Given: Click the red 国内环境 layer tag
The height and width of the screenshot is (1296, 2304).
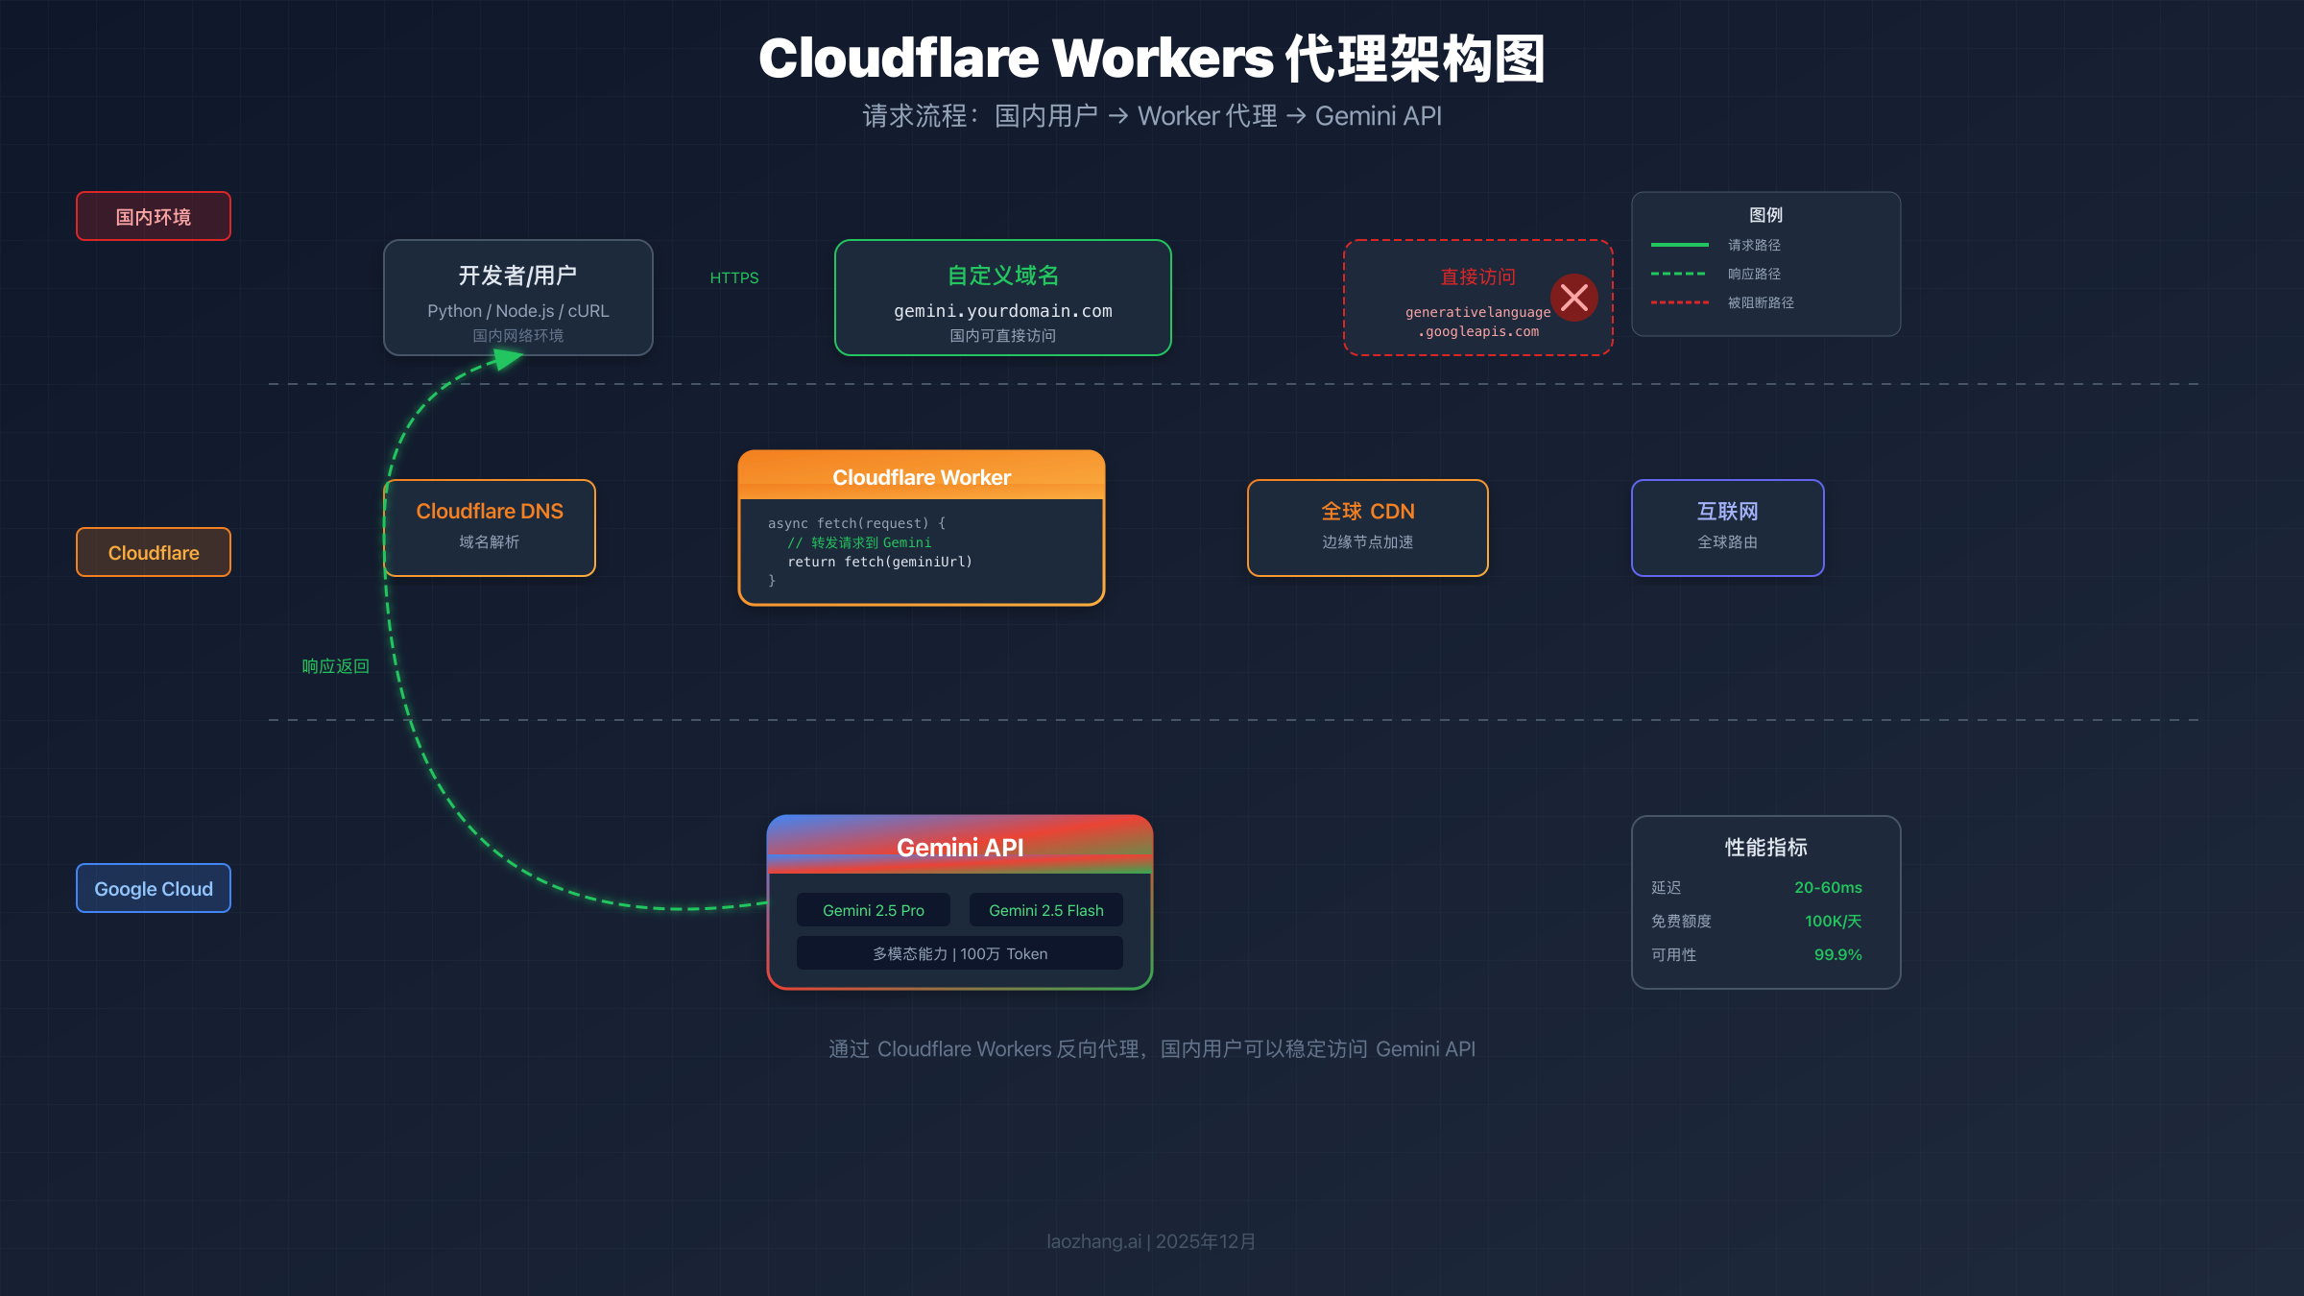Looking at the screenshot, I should click(154, 216).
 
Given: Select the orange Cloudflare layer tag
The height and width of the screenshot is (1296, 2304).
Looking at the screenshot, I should click(154, 552).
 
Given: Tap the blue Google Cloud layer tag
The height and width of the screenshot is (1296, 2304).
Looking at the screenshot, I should click(154, 888).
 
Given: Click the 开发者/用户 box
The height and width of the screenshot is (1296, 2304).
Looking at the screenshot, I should click(518, 298).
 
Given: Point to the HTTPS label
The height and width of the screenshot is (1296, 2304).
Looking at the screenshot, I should click(734, 277).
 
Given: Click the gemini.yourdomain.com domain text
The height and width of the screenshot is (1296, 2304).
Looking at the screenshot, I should click(1002, 311).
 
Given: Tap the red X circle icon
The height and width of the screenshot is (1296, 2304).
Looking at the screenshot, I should click(1574, 298).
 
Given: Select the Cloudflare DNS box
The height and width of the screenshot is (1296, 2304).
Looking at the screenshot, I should click(490, 528).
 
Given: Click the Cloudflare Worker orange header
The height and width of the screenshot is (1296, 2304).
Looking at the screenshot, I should click(922, 476).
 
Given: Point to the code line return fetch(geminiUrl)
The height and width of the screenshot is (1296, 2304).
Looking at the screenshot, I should click(879, 562).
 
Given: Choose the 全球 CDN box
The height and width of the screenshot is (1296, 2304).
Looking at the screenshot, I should click(1367, 528).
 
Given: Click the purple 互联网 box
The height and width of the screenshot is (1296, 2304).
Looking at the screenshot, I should click(1727, 528).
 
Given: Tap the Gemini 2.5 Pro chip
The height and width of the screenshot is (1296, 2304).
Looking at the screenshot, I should click(873, 910).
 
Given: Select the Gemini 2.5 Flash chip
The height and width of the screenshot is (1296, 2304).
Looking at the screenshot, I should click(1045, 910).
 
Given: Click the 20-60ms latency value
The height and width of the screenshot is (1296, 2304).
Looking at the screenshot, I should click(1828, 887).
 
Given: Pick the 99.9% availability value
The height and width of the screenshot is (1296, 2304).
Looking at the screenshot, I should click(1837, 954).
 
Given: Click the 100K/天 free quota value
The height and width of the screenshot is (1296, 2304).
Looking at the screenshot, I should click(1833, 921).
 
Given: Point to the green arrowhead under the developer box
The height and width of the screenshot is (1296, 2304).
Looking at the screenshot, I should click(506, 359).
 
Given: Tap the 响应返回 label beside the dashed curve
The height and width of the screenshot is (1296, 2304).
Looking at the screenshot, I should click(335, 666).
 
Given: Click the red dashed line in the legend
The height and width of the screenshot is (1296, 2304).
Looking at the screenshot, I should click(1679, 302).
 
